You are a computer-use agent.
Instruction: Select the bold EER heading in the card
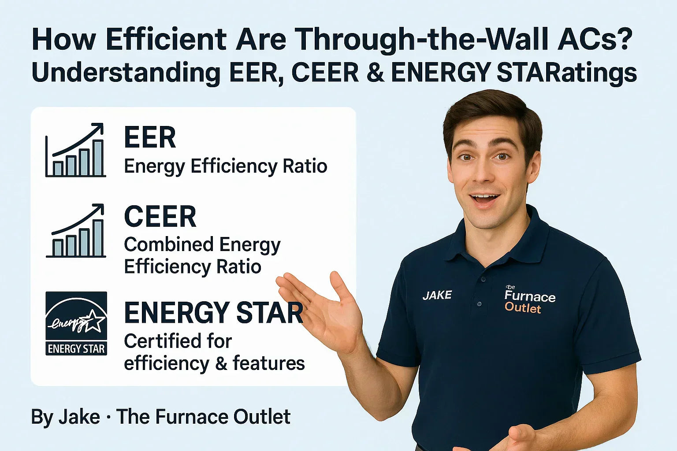point(150,137)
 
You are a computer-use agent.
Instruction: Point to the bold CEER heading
point(160,217)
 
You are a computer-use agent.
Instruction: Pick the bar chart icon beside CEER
point(76,231)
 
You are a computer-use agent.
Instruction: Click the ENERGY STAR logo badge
point(76,323)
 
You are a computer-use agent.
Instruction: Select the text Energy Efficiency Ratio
point(225,166)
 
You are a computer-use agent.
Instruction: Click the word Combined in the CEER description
point(169,245)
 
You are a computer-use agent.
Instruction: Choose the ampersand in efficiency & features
point(221,364)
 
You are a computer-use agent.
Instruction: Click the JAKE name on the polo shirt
point(437,295)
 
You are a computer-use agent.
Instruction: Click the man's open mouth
point(484,199)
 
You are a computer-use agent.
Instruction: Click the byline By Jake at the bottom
point(65,417)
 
